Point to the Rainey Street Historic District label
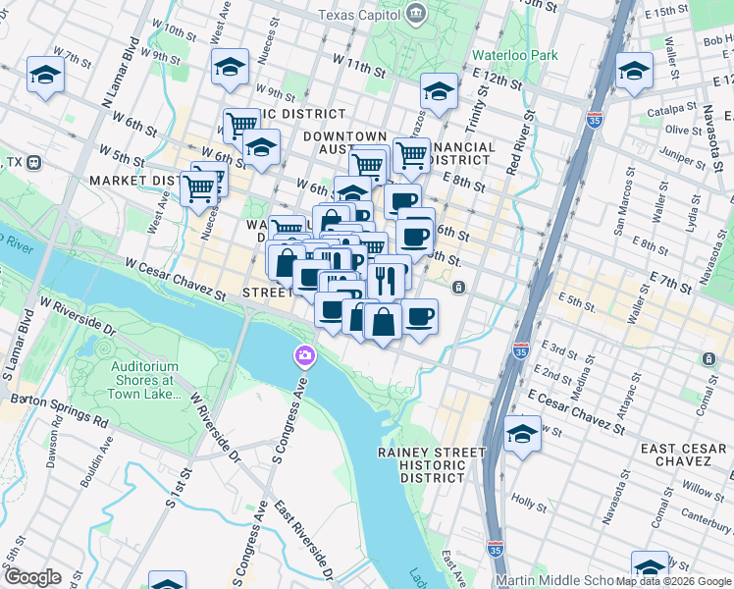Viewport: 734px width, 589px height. click(432, 465)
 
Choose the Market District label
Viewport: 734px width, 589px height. click(132, 181)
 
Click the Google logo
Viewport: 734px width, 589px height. click(32, 577)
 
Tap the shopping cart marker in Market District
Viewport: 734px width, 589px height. click(199, 186)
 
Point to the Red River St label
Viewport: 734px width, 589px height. click(521, 142)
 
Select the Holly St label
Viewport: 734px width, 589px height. click(529, 503)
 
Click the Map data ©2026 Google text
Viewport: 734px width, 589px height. click(673, 581)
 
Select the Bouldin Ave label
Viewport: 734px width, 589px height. click(105, 455)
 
